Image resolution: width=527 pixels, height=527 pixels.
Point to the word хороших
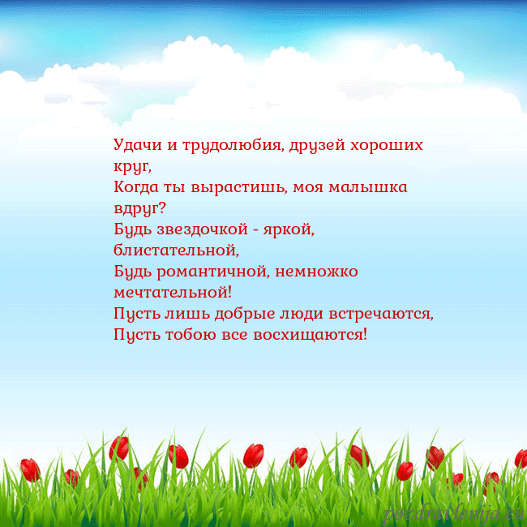(x=391, y=146)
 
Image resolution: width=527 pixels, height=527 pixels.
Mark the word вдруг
(x=139, y=209)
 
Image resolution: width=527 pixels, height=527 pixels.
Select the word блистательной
(x=176, y=251)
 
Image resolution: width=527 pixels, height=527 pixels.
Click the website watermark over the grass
(x=454, y=512)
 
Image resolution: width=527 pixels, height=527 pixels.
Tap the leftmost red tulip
(x=31, y=469)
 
